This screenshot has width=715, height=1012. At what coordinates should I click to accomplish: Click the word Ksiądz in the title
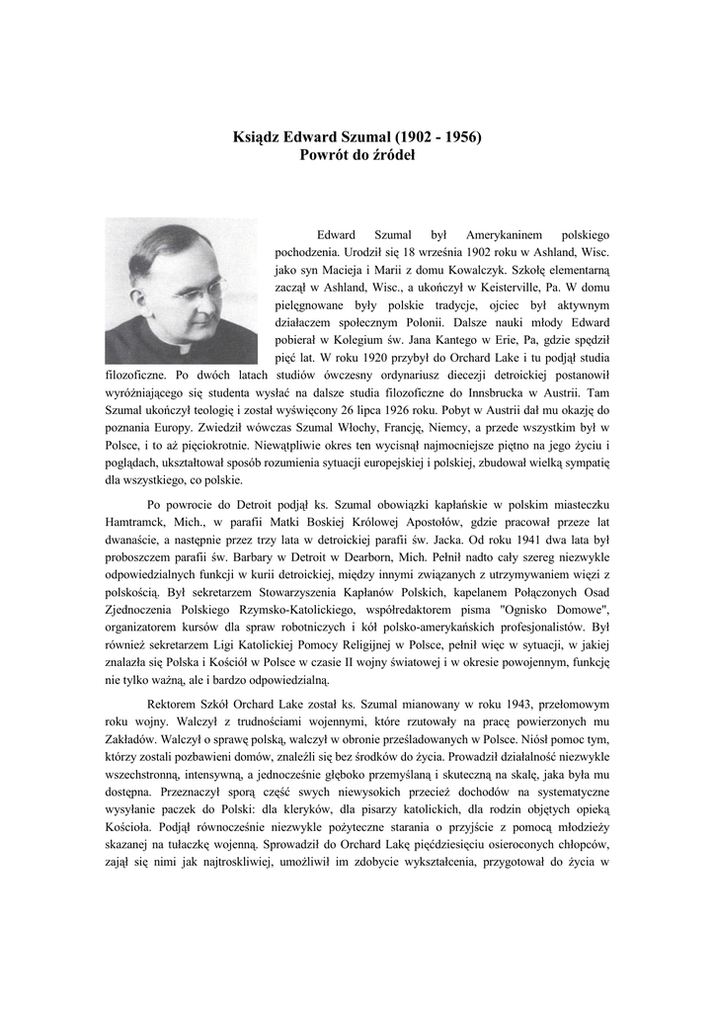(256, 135)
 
